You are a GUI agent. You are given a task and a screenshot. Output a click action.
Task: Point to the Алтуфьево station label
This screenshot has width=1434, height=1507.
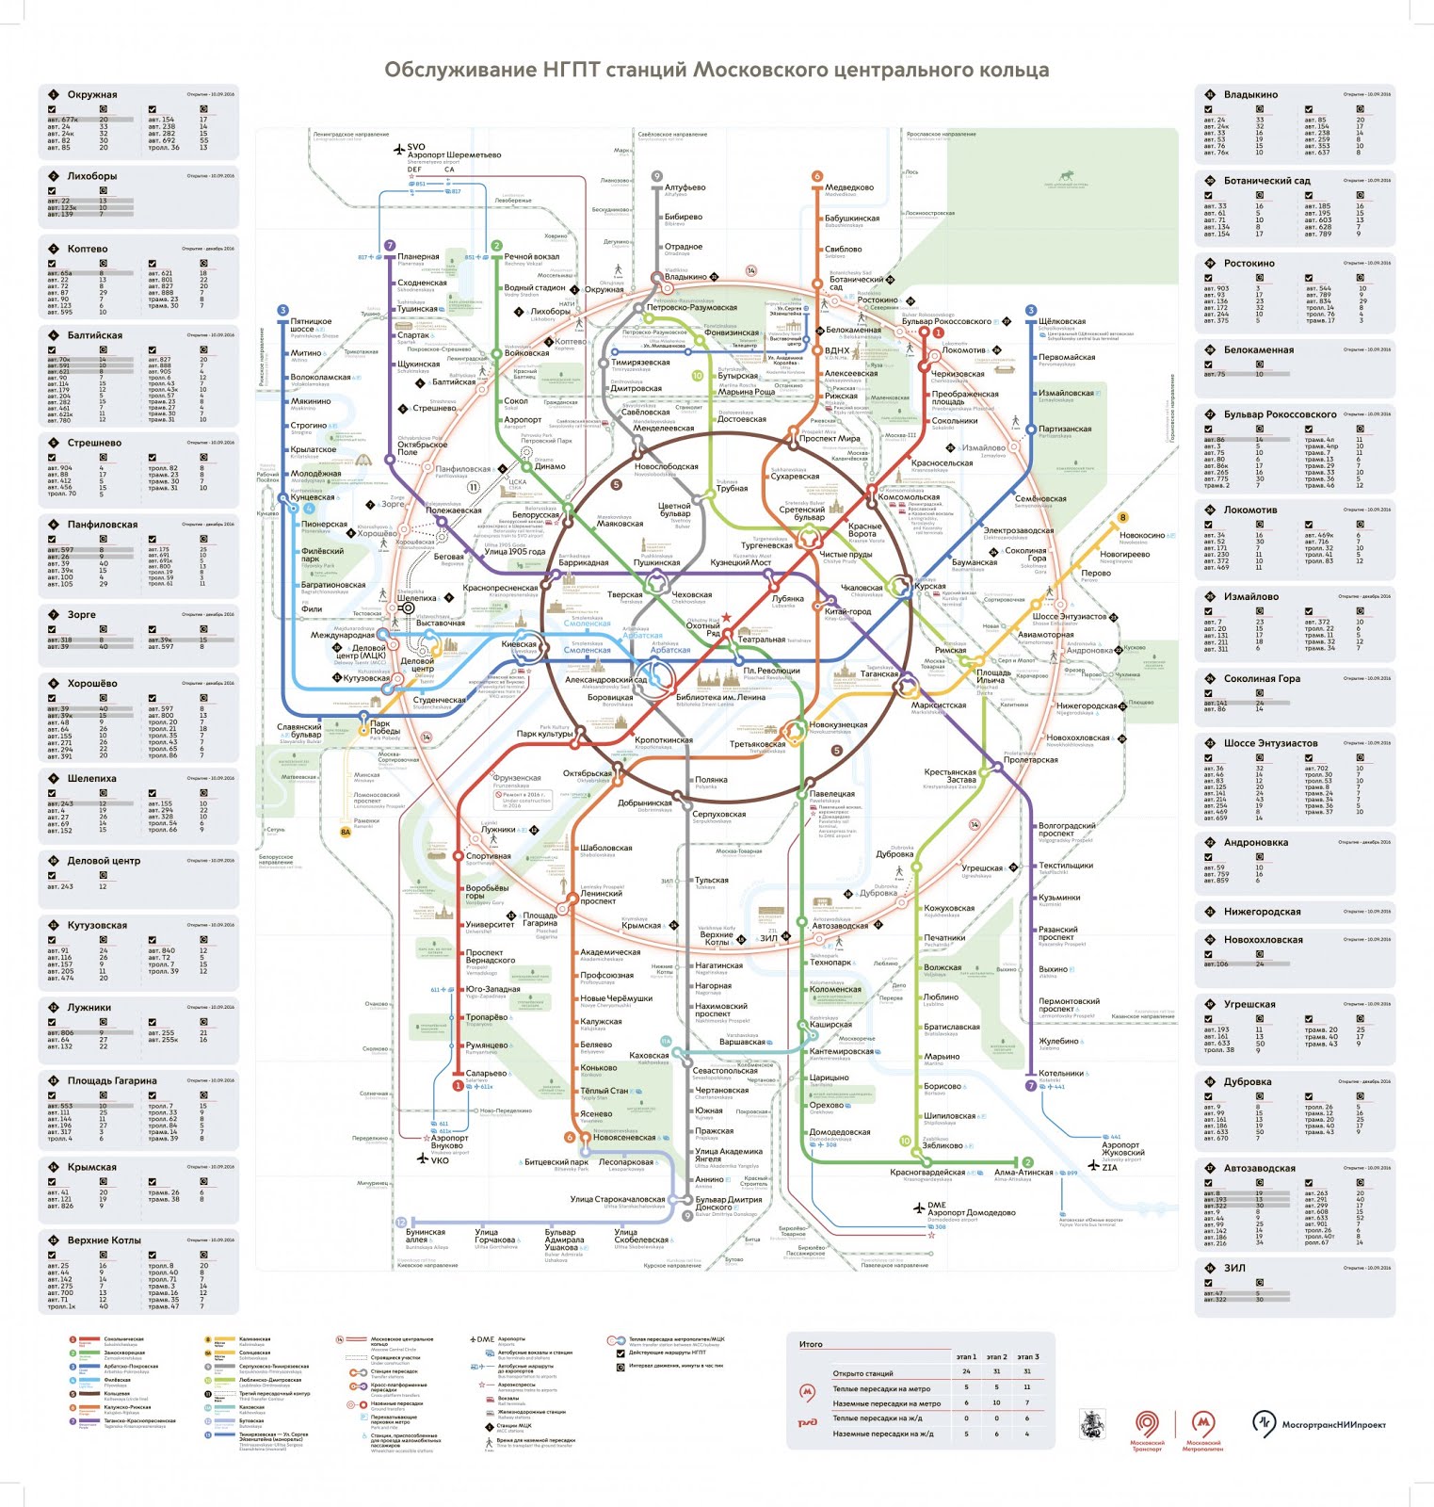(x=685, y=187)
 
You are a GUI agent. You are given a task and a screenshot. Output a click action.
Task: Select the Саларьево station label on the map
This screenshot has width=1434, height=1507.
(x=486, y=1074)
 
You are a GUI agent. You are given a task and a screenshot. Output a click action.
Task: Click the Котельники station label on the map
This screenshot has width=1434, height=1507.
(x=1060, y=1074)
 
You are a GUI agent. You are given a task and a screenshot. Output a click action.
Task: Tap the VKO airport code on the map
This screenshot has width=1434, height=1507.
(x=440, y=1160)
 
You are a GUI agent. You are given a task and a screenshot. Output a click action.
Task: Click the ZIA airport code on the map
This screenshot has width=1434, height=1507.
(x=1109, y=1167)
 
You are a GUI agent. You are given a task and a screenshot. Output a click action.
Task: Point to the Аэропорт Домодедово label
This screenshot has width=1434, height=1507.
(x=971, y=1212)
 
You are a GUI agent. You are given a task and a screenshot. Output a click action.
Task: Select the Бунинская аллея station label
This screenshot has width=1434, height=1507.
(x=426, y=1236)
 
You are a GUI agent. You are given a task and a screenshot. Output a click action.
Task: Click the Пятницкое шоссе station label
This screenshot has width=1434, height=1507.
(x=311, y=325)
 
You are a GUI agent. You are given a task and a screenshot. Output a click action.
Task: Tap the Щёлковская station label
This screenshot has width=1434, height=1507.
(x=1062, y=321)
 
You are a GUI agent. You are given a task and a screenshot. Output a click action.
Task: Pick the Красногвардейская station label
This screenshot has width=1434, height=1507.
(x=927, y=1173)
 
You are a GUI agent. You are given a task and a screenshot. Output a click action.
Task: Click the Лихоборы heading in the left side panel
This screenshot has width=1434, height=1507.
(x=91, y=176)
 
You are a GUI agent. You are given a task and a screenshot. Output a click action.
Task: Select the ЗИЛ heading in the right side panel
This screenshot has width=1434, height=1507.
(x=1234, y=1268)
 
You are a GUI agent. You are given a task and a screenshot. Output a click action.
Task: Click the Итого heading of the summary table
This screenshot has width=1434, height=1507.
(x=811, y=1344)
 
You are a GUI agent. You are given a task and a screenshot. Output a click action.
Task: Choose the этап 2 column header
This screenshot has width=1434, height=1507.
(x=996, y=1357)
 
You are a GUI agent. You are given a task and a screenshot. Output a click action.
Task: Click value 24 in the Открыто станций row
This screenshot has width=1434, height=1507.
(x=966, y=1371)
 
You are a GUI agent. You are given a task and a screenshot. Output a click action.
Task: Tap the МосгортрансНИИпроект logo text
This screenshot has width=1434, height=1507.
(x=1333, y=1424)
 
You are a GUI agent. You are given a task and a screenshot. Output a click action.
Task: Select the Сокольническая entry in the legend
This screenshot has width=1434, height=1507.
(x=123, y=1339)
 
